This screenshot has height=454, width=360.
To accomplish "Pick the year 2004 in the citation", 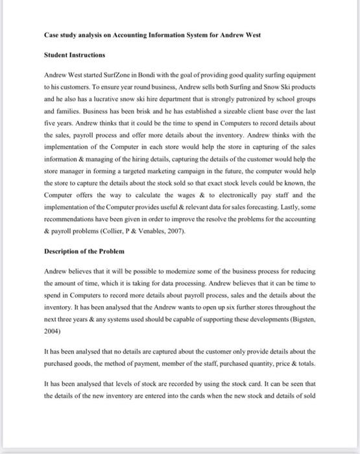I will [53, 330].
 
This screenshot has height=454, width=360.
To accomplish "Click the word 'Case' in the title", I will [52, 34].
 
